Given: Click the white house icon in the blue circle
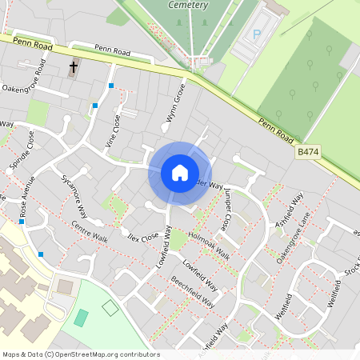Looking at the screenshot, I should click(x=180, y=173).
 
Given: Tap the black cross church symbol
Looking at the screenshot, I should click(x=74, y=68).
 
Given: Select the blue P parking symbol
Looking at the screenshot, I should click(x=257, y=34).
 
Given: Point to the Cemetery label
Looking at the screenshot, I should click(x=189, y=5).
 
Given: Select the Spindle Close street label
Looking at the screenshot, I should click(x=21, y=150).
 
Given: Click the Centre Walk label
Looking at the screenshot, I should click(x=89, y=228).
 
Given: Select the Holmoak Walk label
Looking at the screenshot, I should click(x=210, y=247).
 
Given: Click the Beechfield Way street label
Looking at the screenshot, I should click(x=192, y=292).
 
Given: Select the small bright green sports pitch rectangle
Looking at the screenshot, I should click(x=82, y=318).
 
